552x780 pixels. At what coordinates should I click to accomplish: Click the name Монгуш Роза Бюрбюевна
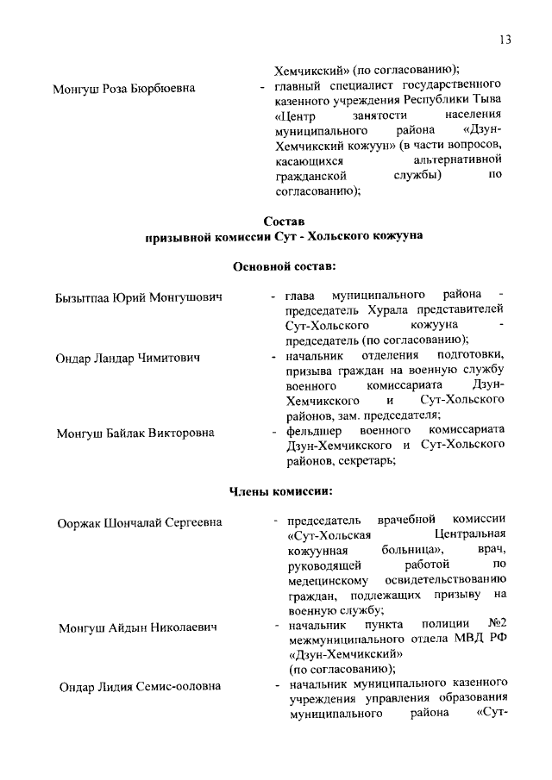tap(123, 88)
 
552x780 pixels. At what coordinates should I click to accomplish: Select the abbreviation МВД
tap(467, 639)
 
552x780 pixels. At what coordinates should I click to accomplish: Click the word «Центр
tap(295, 115)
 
